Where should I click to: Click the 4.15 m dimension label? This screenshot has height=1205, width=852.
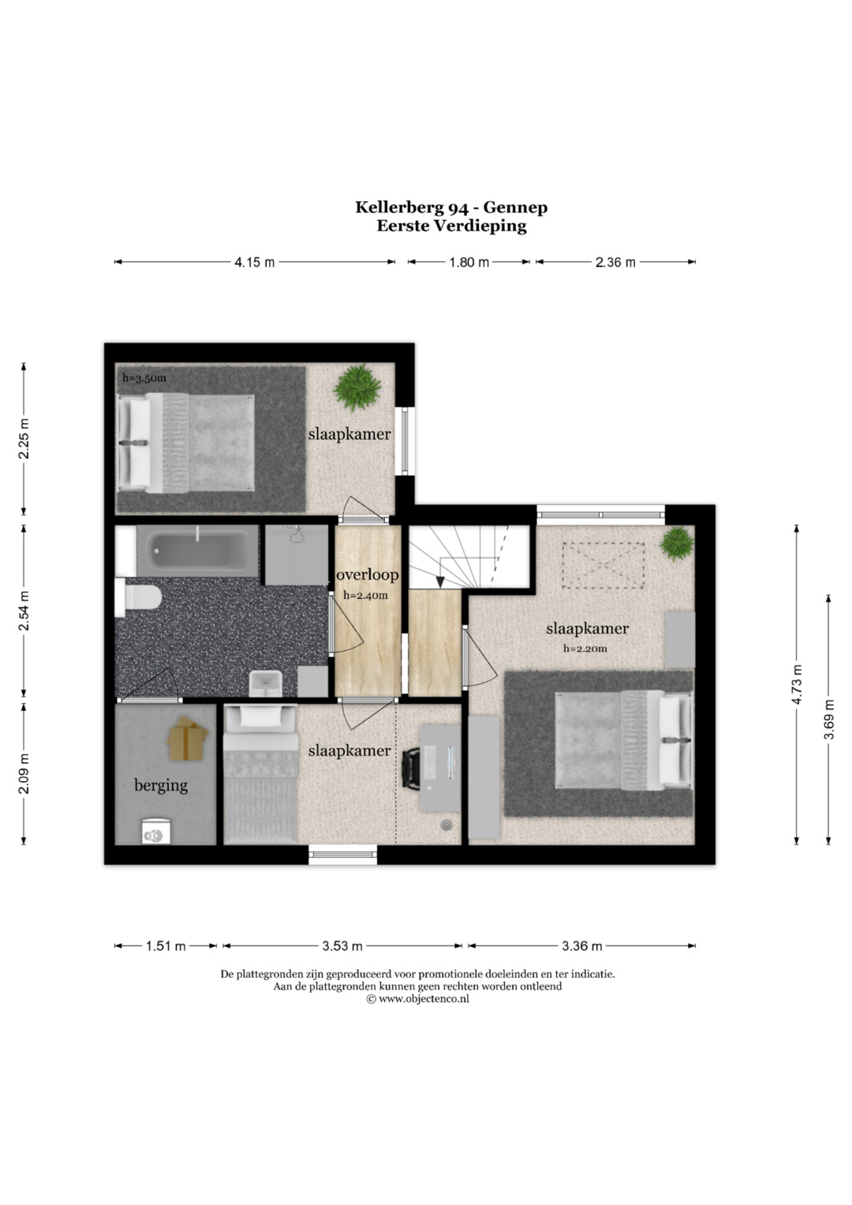(254, 262)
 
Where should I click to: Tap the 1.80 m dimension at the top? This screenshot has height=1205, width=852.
(469, 262)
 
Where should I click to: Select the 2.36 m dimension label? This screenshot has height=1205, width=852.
(615, 262)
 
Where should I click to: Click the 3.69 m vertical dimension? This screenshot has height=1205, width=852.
(829, 720)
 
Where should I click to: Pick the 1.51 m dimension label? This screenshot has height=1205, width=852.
(166, 945)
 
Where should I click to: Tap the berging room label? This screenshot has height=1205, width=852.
(161, 786)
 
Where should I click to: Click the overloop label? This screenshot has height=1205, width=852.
(368, 574)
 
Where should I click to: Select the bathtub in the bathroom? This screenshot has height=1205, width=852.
(197, 551)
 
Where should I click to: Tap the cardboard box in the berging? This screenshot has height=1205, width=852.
(187, 738)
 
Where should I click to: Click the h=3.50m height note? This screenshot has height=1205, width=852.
(144, 378)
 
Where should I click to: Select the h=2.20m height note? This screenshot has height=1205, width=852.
(585, 649)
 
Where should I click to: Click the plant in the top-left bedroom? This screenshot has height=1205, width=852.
(357, 387)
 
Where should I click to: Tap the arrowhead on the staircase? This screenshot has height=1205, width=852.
(440, 582)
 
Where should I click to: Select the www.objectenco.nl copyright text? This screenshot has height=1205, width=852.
(417, 998)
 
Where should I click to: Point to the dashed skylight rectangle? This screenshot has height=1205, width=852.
(603, 565)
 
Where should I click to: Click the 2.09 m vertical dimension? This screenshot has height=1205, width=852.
(24, 773)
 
